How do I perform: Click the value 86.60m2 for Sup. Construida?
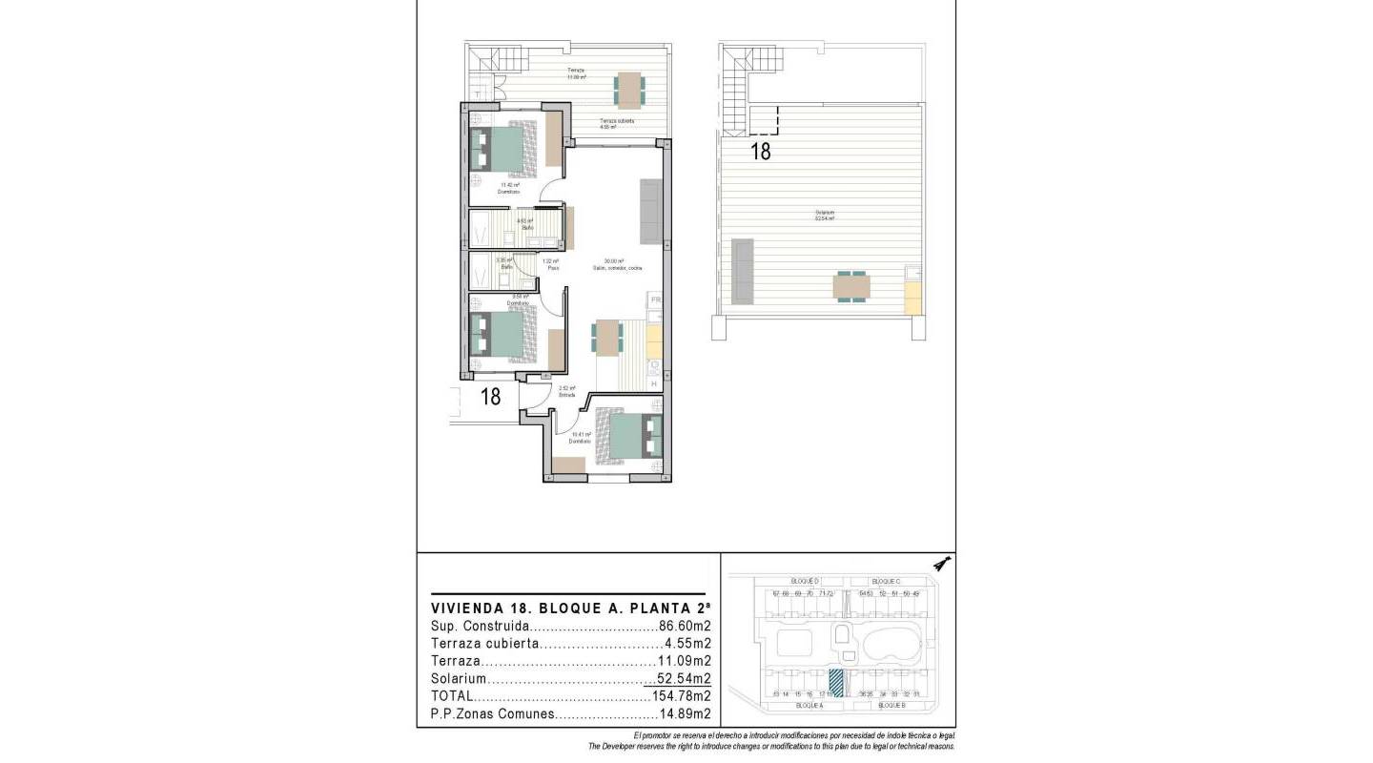pos(686,627)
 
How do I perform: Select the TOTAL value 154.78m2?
pos(682,696)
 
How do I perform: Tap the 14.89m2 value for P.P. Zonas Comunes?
pos(686,713)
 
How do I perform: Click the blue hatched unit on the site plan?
pos(836,682)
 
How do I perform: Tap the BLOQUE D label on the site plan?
pos(806,581)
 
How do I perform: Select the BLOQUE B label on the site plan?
pos(891,705)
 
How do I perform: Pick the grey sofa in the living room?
pos(651,210)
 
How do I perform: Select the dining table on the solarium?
pos(851,286)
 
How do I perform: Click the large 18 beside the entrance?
pos(490,396)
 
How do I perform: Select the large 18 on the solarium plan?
pos(760,150)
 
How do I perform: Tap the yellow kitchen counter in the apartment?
pos(655,340)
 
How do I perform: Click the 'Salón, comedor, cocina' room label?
pos(617,268)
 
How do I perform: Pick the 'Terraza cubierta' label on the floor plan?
pos(617,121)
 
